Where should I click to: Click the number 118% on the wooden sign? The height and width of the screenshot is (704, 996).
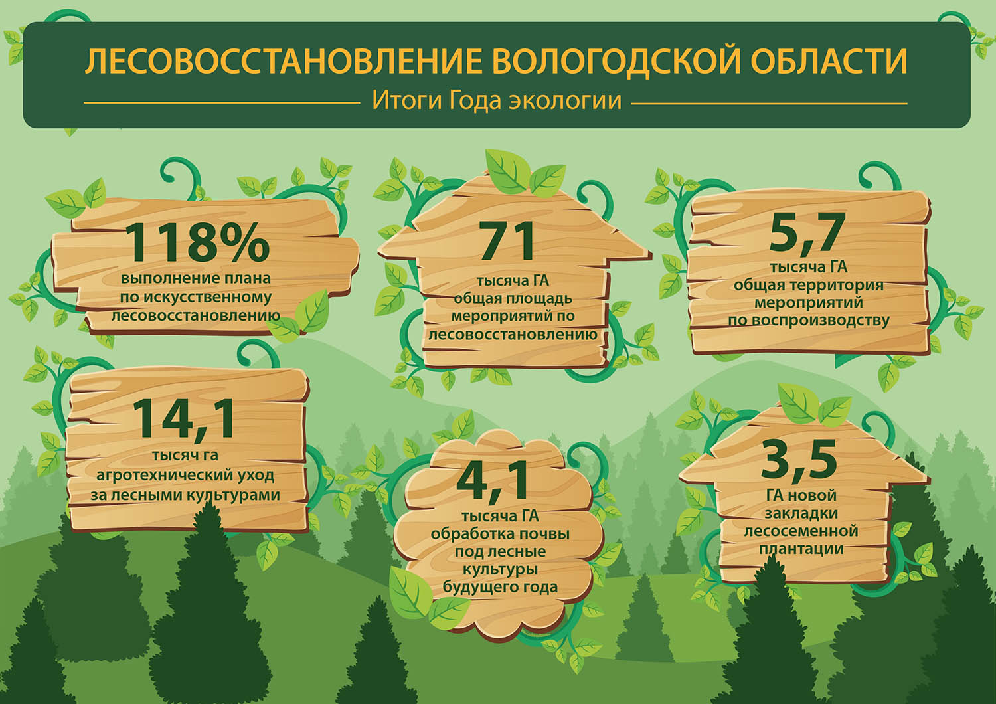click(x=198, y=242)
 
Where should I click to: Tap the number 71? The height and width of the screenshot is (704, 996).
click(x=507, y=241)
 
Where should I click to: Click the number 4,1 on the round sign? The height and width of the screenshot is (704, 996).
click(x=493, y=482)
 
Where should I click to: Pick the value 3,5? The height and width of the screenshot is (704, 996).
click(x=799, y=460)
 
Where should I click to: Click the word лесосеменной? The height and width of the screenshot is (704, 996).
click(x=800, y=531)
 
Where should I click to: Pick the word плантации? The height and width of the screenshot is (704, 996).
click(x=801, y=549)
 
